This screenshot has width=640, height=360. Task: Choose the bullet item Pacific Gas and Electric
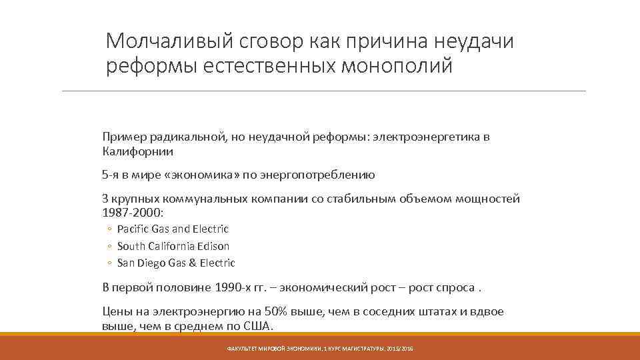173,229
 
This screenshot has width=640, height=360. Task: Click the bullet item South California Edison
173,246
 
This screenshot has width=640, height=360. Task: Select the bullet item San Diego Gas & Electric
176,263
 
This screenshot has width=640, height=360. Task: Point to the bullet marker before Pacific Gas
108,229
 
